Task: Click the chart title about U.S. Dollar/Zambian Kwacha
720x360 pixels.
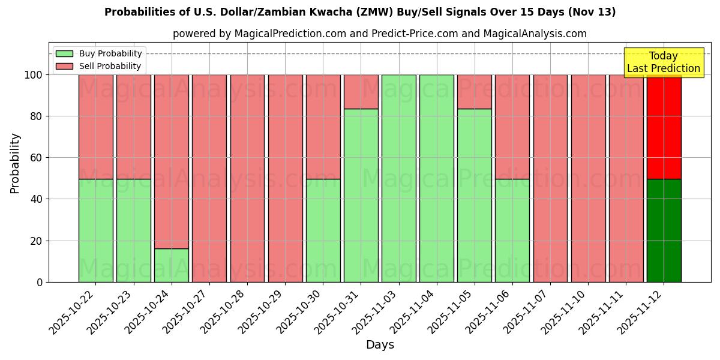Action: coord(360,12)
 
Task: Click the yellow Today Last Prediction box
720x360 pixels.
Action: coord(664,62)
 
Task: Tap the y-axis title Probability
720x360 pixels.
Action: coord(15,163)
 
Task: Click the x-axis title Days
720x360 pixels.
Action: coord(380,345)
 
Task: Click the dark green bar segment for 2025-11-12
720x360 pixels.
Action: coord(664,230)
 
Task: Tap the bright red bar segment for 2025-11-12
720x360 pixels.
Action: coord(664,127)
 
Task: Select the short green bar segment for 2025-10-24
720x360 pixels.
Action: coord(172,265)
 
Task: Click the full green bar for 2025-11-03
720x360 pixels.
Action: coord(398,178)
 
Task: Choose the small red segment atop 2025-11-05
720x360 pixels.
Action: coord(474,92)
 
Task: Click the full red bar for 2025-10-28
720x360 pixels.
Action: coord(247,178)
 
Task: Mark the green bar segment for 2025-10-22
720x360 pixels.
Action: coord(95,230)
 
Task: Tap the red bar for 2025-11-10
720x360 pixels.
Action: coord(588,178)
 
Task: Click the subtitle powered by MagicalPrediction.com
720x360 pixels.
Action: coord(380,34)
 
